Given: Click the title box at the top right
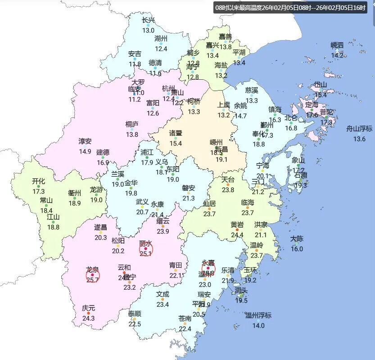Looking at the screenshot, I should pyautogui.click(x=290, y=8).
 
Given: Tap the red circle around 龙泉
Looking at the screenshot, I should pyautogui.click(x=92, y=274).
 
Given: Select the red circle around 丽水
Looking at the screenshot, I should pyautogui.click(x=146, y=248).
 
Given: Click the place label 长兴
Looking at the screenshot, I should pyautogui.click(x=148, y=20).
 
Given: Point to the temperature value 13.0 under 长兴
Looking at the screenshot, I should pyautogui.click(x=148, y=30).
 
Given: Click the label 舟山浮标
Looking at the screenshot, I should pyautogui.click(x=359, y=128).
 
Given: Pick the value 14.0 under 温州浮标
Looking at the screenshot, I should pyautogui.click(x=258, y=326).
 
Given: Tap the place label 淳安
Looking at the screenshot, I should pyautogui.click(x=85, y=141).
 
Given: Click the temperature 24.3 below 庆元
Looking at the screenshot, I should pyautogui.click(x=88, y=319).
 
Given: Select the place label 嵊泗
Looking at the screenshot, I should pyautogui.click(x=337, y=45).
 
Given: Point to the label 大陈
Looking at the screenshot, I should pyautogui.click(x=297, y=239).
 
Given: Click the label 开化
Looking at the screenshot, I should pyautogui.click(x=39, y=181).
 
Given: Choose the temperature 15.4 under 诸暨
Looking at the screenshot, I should pyautogui.click(x=176, y=143).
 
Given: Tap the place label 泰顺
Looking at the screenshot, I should pyautogui.click(x=135, y=314).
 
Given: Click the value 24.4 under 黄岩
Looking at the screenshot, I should pyautogui.click(x=237, y=235).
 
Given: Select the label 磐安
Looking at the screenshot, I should pyautogui.click(x=189, y=188).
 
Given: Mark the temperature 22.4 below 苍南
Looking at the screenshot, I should pyautogui.click(x=185, y=329).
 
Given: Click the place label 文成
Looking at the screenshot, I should pyautogui.click(x=163, y=294).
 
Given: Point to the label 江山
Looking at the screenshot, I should pyautogui.click(x=53, y=217).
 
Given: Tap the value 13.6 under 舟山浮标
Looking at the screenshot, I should pyautogui.click(x=359, y=139).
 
